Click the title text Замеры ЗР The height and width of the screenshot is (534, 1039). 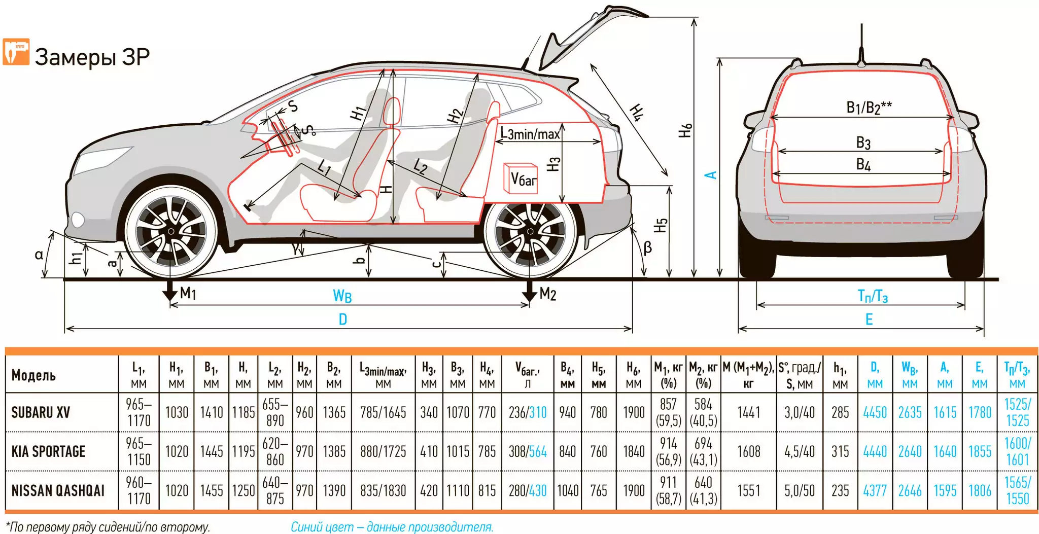[92, 57]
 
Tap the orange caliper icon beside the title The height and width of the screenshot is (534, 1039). [16, 52]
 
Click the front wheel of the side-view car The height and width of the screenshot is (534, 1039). [171, 231]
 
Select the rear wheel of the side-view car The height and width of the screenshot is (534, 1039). [530, 232]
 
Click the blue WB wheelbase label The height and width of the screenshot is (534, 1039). [342, 296]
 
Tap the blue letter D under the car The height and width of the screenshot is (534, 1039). [343, 319]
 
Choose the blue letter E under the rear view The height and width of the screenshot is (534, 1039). [869, 319]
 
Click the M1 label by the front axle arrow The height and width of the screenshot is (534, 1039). [188, 293]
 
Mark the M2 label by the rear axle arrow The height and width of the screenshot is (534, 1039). [547, 294]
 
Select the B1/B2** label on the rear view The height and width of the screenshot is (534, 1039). [869, 108]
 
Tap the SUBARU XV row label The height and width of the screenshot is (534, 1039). [41, 412]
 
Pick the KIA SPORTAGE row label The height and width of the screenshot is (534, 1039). [48, 451]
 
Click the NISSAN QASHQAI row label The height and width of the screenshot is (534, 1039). [58, 490]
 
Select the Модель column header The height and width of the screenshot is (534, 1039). [33, 375]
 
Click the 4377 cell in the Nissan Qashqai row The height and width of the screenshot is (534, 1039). [875, 490]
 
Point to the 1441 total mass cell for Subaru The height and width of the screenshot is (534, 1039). [748, 412]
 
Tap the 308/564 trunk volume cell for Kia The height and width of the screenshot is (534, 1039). [528, 451]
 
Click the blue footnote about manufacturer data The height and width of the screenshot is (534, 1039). [392, 527]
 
